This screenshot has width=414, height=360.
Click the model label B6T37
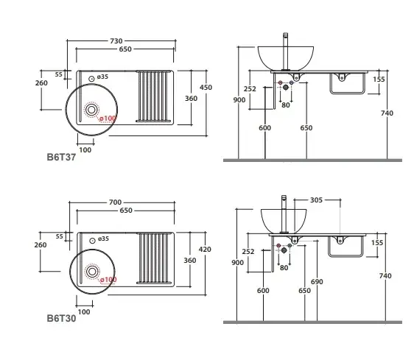[x=61, y=157]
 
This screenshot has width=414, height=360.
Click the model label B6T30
[x=61, y=318]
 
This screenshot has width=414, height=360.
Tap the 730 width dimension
[x=116, y=41]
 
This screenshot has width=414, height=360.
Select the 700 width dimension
[x=116, y=202]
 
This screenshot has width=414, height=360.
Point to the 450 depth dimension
[x=206, y=88]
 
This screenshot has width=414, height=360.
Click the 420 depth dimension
[x=205, y=249]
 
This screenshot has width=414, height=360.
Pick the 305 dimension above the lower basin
[x=316, y=200]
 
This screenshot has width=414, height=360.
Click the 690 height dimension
[x=317, y=282]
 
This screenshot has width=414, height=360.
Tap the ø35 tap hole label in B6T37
[x=102, y=77]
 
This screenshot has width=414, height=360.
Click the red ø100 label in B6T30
[x=108, y=280]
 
